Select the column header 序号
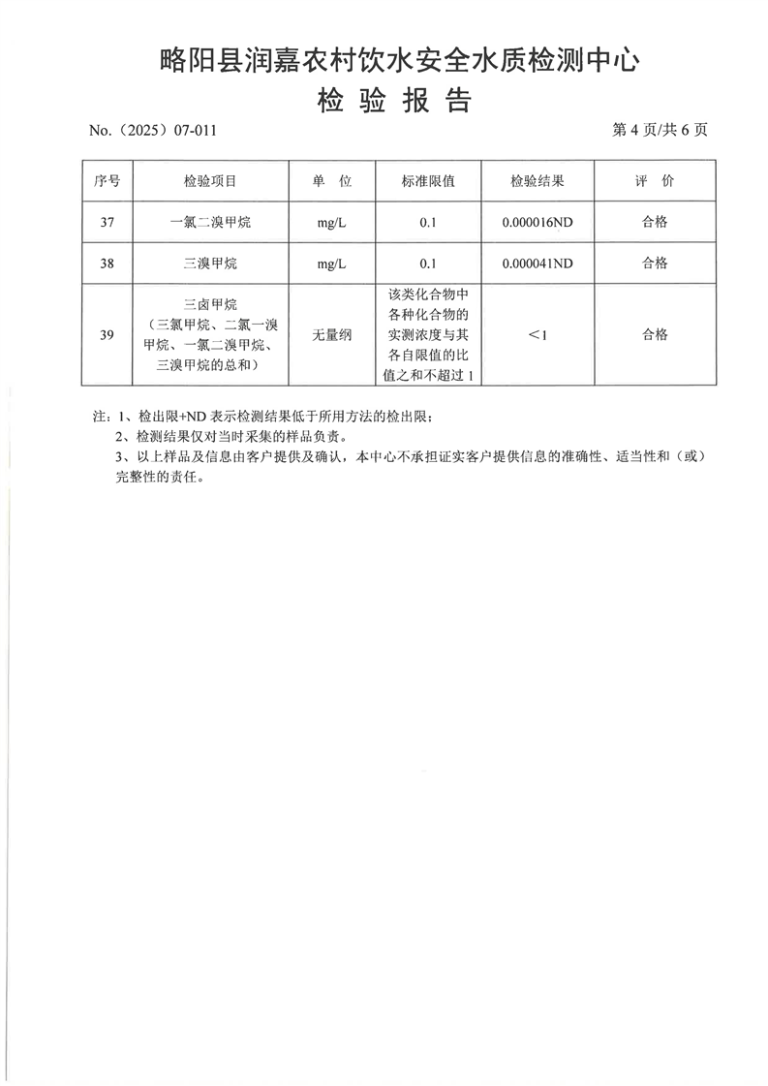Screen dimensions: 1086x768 (108, 181)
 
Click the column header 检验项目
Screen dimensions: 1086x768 (210, 181)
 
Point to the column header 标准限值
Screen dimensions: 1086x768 (428, 181)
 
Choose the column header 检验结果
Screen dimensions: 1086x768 (538, 181)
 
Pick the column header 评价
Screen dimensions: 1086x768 (655, 181)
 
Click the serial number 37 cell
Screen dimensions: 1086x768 (108, 222)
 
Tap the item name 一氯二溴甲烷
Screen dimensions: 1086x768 (210, 222)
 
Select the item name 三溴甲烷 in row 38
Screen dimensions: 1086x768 (210, 263)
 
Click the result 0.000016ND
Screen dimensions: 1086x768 (538, 222)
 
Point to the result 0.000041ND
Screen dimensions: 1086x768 (538, 263)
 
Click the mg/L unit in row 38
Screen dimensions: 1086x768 (331, 263)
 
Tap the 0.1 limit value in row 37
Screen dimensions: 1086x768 (428, 222)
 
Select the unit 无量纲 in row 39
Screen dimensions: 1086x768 (331, 335)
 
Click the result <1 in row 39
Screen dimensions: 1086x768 (538, 335)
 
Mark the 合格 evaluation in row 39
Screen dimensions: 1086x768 (655, 335)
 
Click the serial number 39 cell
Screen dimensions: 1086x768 (108, 335)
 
